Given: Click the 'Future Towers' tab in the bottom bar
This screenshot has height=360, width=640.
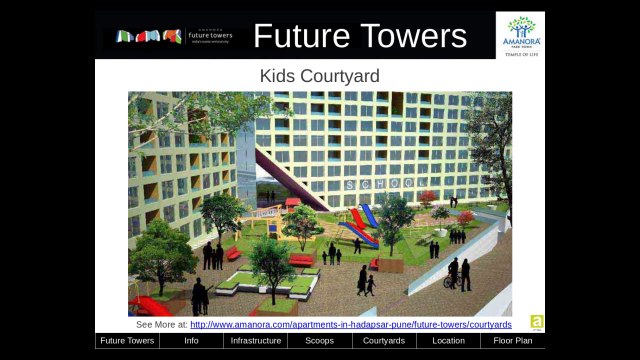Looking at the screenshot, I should point(127,341).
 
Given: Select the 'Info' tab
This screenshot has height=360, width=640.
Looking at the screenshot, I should point(191,341).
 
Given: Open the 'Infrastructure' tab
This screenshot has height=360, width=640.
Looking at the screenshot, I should point(255,341).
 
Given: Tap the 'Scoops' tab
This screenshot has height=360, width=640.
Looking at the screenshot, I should point(319,341).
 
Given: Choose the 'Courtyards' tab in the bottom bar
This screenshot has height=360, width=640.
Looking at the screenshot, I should point(384,341).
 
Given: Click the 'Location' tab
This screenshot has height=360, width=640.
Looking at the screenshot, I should point(448,341).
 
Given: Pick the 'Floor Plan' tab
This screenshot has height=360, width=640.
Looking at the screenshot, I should point(513,341).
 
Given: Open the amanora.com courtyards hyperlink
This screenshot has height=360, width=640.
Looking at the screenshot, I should point(350,324).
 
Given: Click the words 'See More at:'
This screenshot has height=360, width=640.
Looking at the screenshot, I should point(161,324).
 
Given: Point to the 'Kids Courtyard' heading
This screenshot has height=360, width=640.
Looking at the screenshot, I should point(319,76).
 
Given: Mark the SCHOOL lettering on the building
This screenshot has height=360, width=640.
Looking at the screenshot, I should point(386,184).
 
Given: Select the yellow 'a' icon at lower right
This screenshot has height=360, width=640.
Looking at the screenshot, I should point(536,322).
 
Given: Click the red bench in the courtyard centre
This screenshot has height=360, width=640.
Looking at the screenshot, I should point(301,260).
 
